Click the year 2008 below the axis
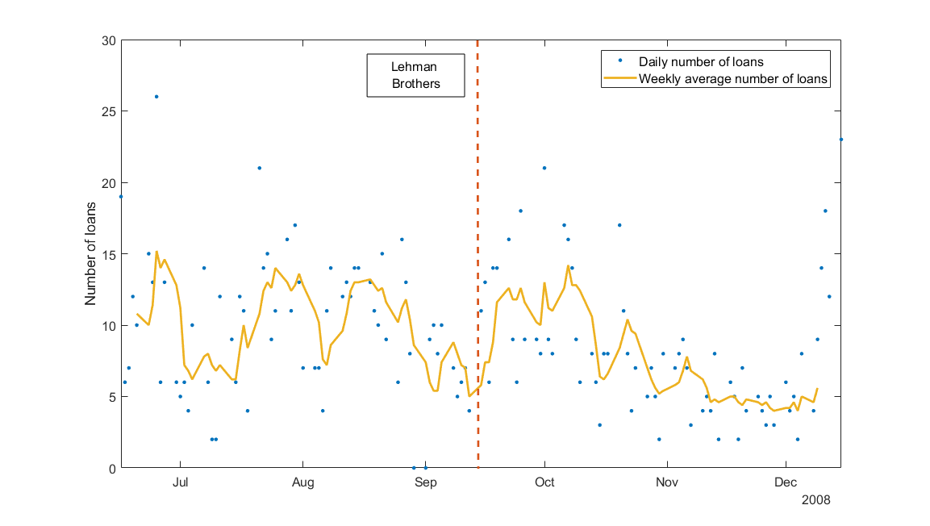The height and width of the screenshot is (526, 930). point(815,500)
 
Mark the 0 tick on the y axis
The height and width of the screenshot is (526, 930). point(112,468)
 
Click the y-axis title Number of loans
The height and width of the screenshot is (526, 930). point(91,254)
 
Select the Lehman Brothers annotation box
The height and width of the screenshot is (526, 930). point(415,75)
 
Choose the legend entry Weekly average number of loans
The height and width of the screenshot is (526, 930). point(734,79)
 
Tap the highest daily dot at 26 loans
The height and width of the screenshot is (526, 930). point(156,97)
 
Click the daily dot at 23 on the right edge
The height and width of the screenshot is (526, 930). point(841,140)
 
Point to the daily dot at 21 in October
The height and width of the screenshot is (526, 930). point(544,168)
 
